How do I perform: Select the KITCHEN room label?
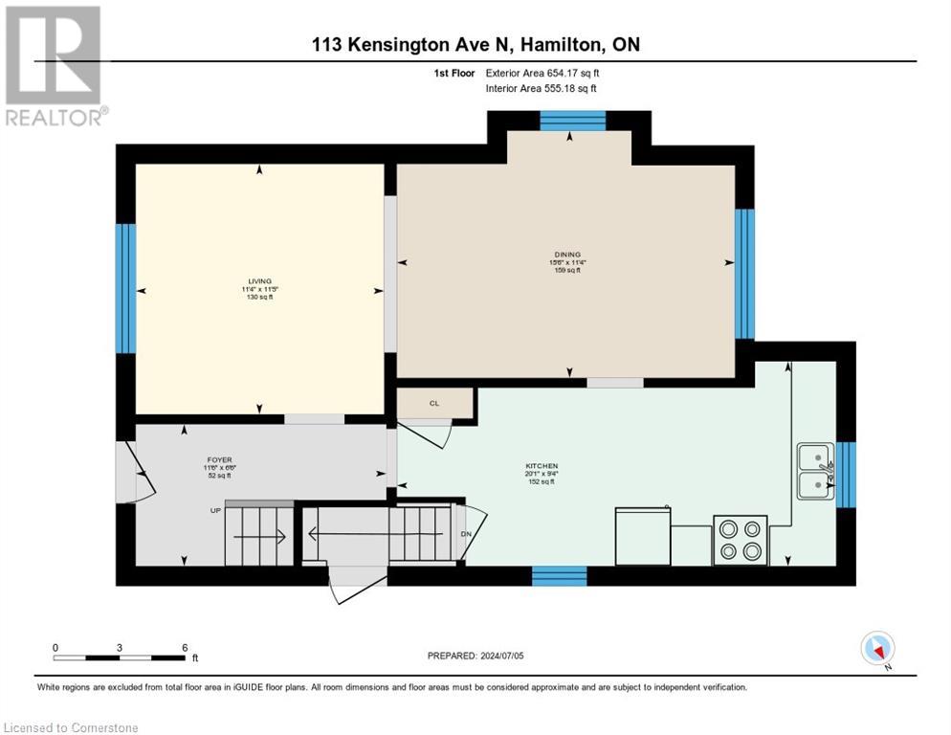[541, 466]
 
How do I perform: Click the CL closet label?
[434, 403]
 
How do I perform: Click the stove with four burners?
[740, 540]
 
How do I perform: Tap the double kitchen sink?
[815, 470]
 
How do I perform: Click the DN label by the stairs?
[466, 534]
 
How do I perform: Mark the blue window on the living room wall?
[125, 289]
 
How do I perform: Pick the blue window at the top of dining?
[572, 120]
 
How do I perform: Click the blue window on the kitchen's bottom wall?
[559, 575]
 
